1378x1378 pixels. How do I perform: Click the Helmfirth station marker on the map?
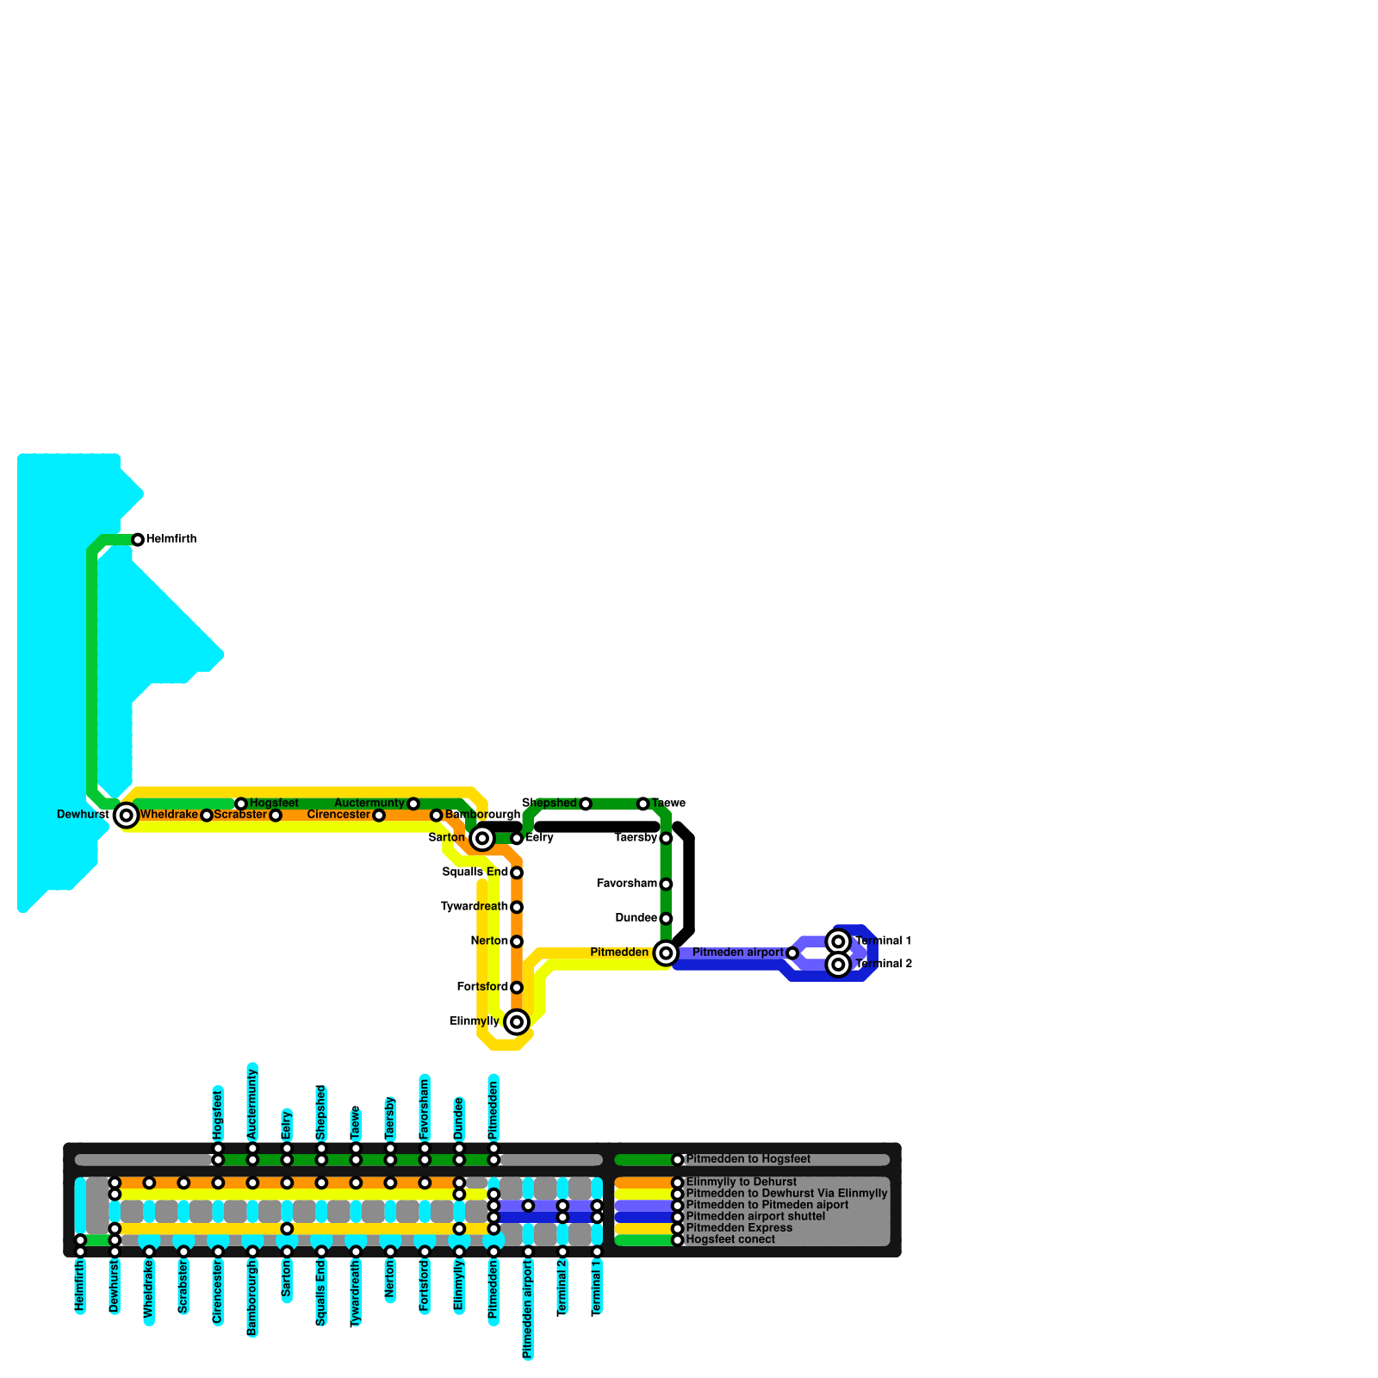tap(138, 540)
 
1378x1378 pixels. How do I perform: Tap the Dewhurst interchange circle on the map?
tap(127, 815)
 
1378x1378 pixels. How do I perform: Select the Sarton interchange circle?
tap(482, 838)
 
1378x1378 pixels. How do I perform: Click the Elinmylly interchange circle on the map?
tap(517, 1022)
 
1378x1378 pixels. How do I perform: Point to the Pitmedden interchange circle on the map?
tap(666, 953)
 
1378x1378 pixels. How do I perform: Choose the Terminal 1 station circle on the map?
tap(839, 941)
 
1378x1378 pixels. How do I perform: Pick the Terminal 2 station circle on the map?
tap(839, 965)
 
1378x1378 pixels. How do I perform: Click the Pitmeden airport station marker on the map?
tap(792, 953)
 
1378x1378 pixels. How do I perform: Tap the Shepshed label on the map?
tap(549, 804)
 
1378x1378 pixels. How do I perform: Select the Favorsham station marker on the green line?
tap(666, 884)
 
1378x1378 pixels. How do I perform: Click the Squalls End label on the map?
tap(475, 872)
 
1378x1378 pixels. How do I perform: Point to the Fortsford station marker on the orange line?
tap(517, 987)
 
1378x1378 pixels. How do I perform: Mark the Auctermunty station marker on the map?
tap(413, 804)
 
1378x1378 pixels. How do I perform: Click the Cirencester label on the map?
tap(338, 815)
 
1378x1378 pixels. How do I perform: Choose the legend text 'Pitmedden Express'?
tap(739, 1228)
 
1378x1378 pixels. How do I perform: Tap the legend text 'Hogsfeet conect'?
tap(730, 1240)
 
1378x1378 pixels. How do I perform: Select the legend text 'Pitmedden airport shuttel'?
tap(755, 1217)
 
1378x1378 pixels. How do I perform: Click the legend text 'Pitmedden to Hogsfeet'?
tap(748, 1159)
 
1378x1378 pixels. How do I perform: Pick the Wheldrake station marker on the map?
tap(207, 815)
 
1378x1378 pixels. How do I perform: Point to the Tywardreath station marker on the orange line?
tap(517, 907)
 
